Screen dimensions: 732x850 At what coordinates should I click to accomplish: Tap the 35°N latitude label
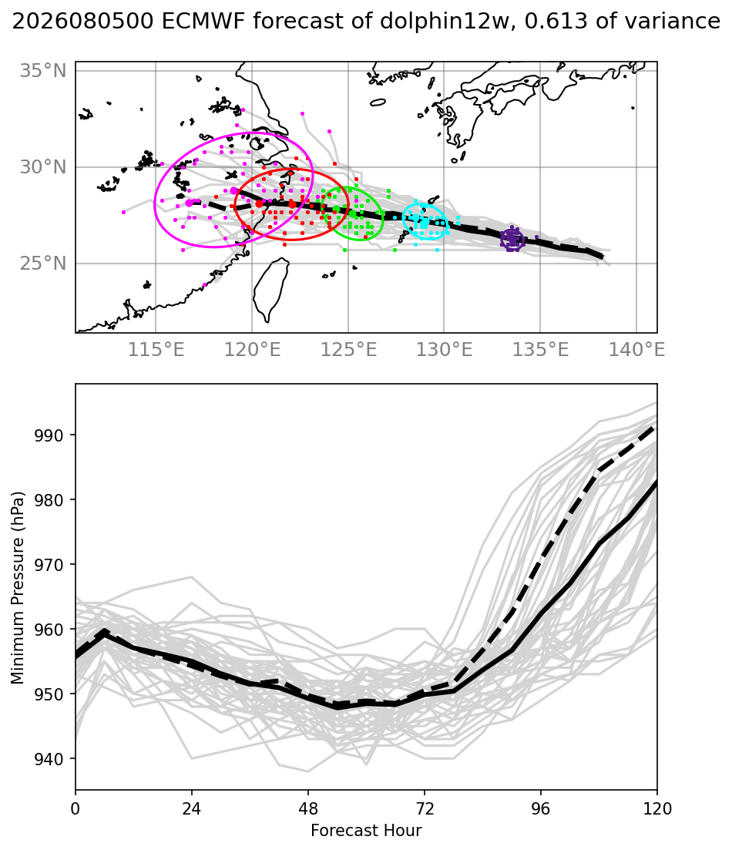click(43, 70)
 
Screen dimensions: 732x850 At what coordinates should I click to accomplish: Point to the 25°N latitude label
click(43, 264)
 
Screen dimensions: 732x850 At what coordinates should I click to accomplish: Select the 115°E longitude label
click(156, 350)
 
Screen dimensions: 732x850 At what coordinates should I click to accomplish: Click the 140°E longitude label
click(636, 350)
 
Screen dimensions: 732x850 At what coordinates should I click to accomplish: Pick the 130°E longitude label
click(444, 350)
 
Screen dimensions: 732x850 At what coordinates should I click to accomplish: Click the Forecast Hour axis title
click(366, 831)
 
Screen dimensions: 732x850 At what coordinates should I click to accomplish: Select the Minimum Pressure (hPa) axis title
click(18, 588)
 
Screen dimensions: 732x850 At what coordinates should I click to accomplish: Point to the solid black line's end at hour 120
click(656, 482)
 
